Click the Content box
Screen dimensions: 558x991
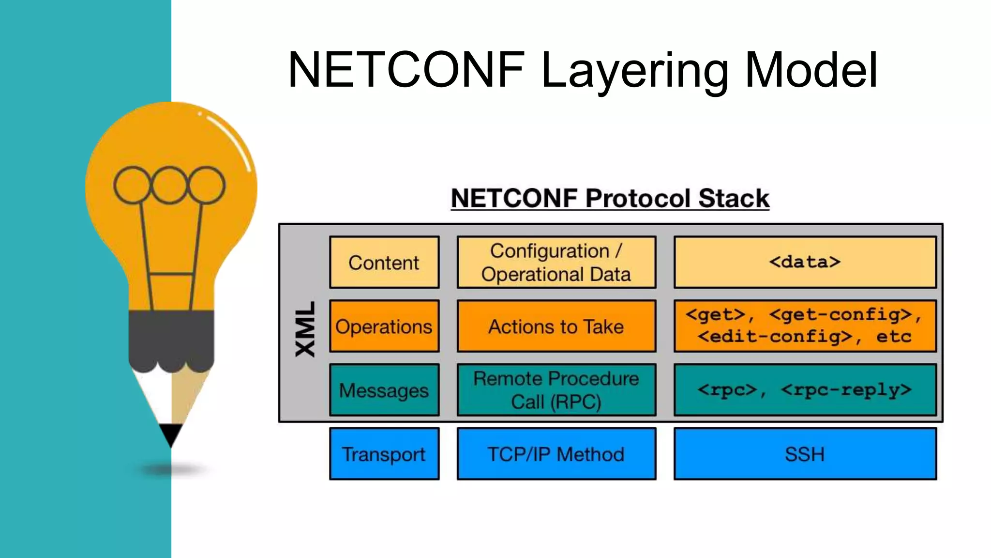[x=384, y=263]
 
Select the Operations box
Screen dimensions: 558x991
[x=384, y=326]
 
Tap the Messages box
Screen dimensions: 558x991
[x=384, y=390]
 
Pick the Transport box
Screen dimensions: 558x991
[x=384, y=454]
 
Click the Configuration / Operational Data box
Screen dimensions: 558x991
[x=556, y=263]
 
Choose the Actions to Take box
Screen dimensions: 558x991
[x=556, y=326]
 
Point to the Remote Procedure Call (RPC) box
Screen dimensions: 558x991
[x=556, y=390]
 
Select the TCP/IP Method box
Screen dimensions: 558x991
[x=556, y=454]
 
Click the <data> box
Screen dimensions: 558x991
[x=805, y=263]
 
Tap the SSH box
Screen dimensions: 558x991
[x=805, y=454]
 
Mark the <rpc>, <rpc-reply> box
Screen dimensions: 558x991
[x=805, y=390]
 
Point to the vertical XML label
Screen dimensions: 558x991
[x=305, y=329]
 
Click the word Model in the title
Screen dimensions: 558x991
[x=811, y=70]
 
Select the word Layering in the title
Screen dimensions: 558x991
[x=634, y=72]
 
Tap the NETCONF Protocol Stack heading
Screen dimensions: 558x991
[x=610, y=199]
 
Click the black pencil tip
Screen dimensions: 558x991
[x=171, y=434]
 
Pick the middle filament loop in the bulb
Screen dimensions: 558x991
[x=169, y=185]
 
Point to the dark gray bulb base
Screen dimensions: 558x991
[x=171, y=339]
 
